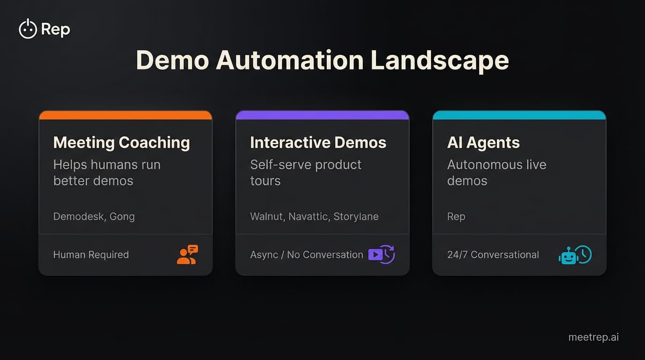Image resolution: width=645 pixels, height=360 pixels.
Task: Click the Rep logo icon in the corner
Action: [28, 29]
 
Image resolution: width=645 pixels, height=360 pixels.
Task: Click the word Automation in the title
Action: [289, 60]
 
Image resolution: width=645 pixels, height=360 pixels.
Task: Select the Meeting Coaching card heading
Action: [121, 142]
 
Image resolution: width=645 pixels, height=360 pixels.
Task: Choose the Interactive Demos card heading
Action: [318, 142]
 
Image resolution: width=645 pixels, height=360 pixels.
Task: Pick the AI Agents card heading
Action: [483, 142]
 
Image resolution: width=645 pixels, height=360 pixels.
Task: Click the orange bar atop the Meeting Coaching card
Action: [125, 115]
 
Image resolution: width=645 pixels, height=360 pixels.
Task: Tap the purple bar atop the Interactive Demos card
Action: [322, 115]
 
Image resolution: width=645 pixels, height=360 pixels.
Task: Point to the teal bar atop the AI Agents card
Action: [519, 115]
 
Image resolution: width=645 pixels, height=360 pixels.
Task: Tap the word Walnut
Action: [266, 217]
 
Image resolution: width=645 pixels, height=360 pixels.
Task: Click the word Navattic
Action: [308, 217]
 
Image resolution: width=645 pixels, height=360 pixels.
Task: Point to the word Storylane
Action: [356, 217]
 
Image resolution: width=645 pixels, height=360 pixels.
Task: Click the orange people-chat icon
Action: [187, 255]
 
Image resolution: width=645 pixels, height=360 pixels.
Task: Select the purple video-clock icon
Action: [382, 255]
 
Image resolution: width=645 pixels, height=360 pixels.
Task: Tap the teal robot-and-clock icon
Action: [575, 255]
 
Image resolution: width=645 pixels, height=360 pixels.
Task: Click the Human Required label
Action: [91, 255]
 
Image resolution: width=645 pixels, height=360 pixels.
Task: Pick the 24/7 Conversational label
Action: [493, 255]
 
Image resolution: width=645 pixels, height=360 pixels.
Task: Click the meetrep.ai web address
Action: [593, 337]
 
